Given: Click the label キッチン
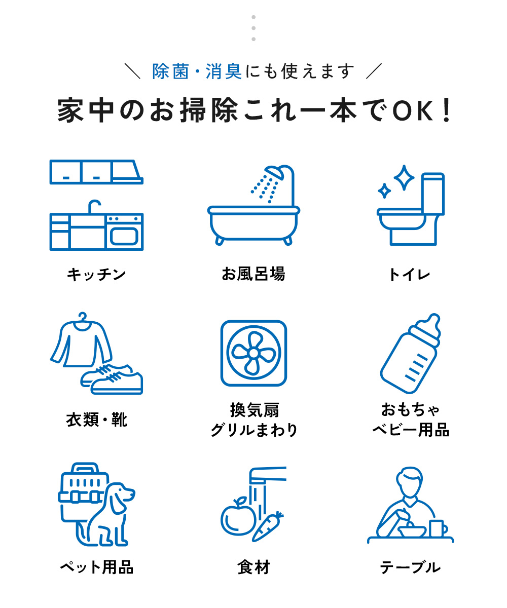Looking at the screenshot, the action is click(96, 275).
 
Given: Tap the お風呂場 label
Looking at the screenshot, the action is click(253, 274).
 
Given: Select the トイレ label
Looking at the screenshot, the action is click(410, 275).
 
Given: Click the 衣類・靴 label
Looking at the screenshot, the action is click(96, 420).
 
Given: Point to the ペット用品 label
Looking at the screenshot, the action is click(96, 567).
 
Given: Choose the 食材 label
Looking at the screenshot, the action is click(253, 567).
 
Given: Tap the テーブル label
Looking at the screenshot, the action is click(410, 567).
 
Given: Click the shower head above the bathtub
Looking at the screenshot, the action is click(274, 172).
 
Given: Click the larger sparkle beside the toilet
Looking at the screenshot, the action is click(404, 177).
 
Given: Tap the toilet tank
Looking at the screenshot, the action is click(432, 194).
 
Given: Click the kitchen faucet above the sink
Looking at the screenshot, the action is click(94, 206).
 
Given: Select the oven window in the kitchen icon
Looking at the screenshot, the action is click(124, 236).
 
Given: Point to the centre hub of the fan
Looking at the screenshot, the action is click(253, 353).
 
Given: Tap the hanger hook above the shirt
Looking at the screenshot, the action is click(83, 317).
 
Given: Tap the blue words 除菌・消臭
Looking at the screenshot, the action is click(197, 71).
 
